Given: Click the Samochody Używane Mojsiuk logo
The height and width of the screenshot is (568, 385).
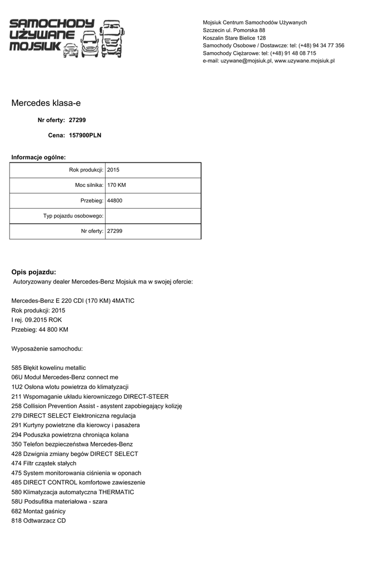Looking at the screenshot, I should coord(67,38).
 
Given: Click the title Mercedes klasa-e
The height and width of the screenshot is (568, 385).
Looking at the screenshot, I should coord(49,103).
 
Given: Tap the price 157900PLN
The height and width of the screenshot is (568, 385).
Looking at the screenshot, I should coord(85,135).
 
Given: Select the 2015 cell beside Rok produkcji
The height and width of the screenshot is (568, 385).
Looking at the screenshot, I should coord(113,170).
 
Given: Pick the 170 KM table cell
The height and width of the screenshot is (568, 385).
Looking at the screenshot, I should coord(116,185).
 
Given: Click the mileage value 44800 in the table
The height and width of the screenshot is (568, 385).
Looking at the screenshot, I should coord(114,200).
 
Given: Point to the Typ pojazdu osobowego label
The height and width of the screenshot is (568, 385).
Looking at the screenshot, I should coord(73,216).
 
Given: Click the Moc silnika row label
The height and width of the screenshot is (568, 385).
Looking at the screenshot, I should coord(89,185).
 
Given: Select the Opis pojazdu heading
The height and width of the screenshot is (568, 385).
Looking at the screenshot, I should coord(34,272).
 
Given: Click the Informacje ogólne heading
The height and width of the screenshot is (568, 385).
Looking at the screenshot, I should coord(38,158).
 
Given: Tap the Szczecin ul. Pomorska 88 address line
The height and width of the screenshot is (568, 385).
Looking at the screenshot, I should coord(234,30).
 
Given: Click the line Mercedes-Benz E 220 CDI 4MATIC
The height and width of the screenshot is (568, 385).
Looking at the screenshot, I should coord(73,301).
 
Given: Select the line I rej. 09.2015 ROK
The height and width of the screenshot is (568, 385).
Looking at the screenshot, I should coord(37,320).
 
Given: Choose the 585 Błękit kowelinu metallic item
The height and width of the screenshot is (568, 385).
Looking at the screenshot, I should coord(49,368).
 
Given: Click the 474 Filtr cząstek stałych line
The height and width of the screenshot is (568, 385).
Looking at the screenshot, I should coord(44,463).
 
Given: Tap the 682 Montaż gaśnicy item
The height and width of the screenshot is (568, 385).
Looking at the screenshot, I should coord(38,511).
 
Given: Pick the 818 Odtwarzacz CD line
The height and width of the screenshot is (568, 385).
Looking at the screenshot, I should coord(38,520).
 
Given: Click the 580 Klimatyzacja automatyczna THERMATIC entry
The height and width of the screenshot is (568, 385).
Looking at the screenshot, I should coord(73,492).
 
